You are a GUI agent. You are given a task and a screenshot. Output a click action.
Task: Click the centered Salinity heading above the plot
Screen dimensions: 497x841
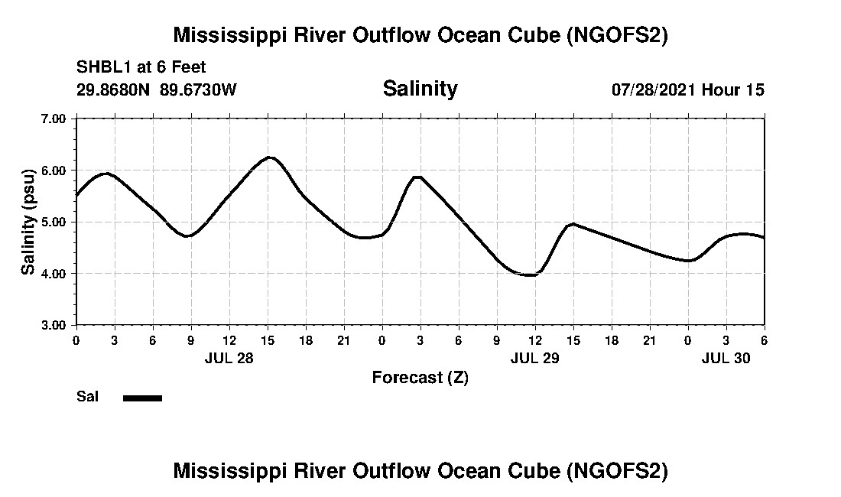pyautogui.click(x=420, y=89)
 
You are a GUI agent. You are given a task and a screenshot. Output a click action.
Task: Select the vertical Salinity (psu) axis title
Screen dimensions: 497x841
pyautogui.click(x=28, y=222)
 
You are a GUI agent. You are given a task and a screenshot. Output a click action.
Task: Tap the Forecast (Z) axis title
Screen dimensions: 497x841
pyautogui.click(x=420, y=377)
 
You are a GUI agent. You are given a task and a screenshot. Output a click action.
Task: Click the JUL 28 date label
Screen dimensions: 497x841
pyautogui.click(x=229, y=358)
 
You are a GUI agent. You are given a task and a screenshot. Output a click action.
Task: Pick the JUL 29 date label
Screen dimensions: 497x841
pyautogui.click(x=535, y=358)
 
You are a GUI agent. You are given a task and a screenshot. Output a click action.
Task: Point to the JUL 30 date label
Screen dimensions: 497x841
pyautogui.click(x=726, y=358)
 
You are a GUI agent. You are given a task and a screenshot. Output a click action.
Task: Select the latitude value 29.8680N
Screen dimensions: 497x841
pyautogui.click(x=114, y=89)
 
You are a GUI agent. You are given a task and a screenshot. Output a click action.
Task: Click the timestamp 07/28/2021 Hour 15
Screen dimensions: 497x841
pyautogui.click(x=688, y=89)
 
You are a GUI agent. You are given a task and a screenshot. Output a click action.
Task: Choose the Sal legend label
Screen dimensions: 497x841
pyautogui.click(x=87, y=397)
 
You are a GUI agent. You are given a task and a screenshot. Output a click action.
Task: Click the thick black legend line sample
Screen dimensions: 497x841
pyautogui.click(x=142, y=398)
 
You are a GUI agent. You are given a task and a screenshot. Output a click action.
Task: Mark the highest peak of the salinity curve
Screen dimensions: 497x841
pyautogui.click(x=269, y=158)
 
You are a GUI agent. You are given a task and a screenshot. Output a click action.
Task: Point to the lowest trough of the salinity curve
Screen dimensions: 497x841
pyautogui.click(x=529, y=275)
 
